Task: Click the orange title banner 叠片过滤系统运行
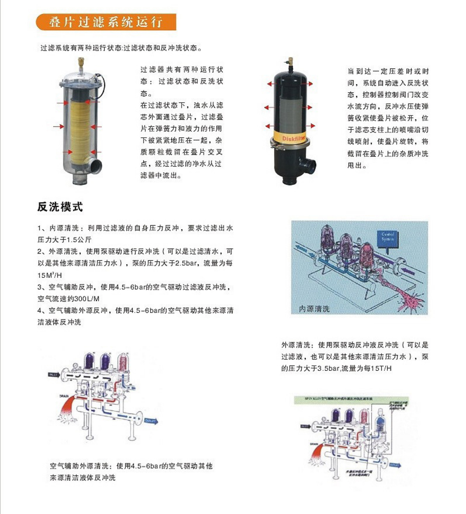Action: pyautogui.click(x=106, y=22)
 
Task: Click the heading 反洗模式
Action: pyautogui.click(x=60, y=207)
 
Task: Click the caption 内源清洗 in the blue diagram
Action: pyautogui.click(x=314, y=309)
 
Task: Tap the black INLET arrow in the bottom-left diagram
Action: pyautogui.click(x=54, y=374)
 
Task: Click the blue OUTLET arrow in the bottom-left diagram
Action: pyautogui.click(x=151, y=421)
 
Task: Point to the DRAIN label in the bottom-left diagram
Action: pyautogui.click(x=64, y=396)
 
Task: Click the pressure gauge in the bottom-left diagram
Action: pyautogui.click(x=75, y=366)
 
